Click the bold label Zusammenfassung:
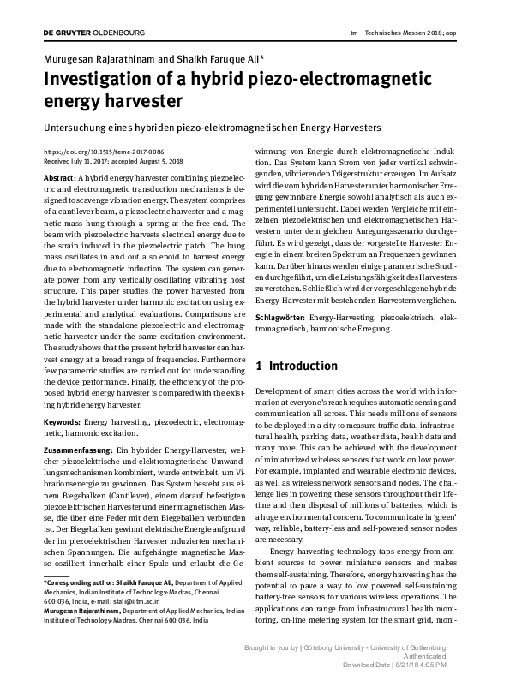(x=78, y=450)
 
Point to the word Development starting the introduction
(x=285, y=390)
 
